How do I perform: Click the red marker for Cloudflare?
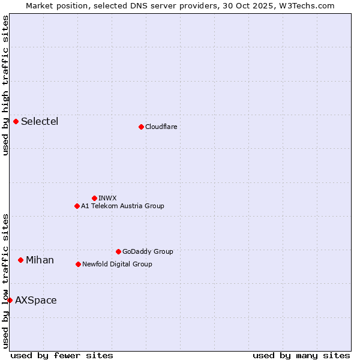141,127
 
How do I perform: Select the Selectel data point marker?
16,122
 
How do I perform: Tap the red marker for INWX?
94,198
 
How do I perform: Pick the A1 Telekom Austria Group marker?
77,206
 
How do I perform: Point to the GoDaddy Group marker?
118,251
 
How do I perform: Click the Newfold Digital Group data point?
78,264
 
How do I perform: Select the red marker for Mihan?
20,260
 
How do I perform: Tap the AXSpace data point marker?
10,300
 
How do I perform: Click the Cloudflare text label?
161,127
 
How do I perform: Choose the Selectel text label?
40,122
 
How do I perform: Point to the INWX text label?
107,198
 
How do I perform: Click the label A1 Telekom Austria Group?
122,206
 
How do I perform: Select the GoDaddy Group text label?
148,251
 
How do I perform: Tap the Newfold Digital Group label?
117,264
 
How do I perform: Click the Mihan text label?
40,260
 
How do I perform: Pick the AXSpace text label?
36,300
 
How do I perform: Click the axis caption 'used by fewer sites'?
62,355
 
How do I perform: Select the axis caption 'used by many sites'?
301,355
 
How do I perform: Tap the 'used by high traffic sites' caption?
5,85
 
